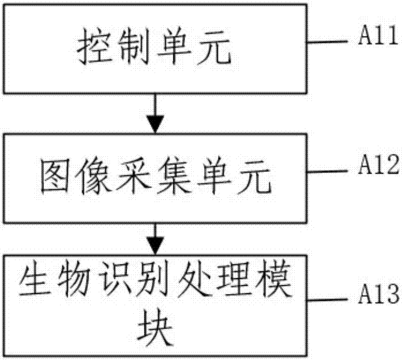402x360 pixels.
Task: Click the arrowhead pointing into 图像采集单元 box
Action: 156,125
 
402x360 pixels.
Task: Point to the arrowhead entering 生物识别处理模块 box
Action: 156,247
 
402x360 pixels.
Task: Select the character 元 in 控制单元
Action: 215,51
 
